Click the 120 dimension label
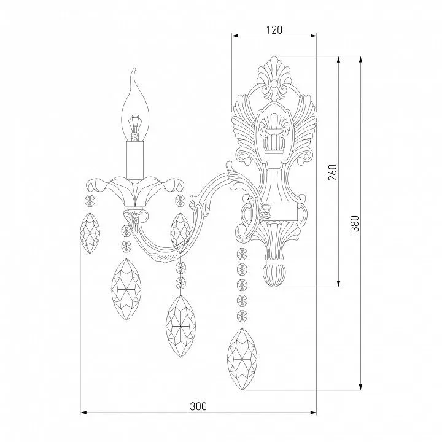click(274, 29)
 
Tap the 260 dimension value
click(333, 173)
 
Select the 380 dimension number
click(355, 223)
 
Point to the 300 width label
click(198, 406)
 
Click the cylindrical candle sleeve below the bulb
click(135, 160)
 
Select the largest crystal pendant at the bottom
click(242, 359)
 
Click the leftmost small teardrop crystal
click(90, 233)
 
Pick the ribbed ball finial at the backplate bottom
click(274, 275)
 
